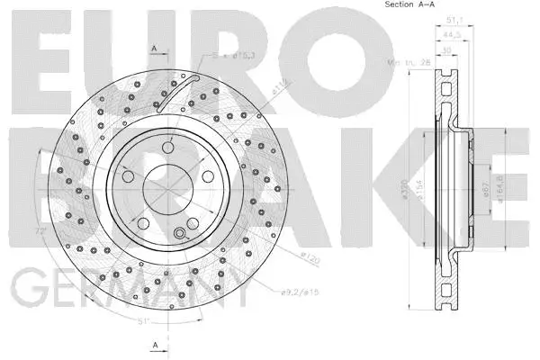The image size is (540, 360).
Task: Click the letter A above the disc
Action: [155, 48]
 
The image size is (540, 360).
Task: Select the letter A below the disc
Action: [155, 345]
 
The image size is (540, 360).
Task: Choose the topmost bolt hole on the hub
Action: [167, 148]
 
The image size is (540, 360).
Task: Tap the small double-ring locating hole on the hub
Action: [179, 235]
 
